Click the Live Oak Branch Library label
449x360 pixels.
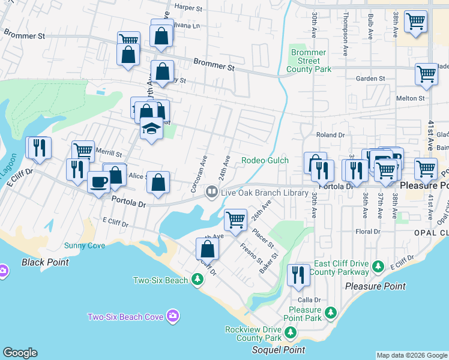point(264,193)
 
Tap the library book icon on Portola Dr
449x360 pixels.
point(211,192)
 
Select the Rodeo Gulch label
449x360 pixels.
point(265,160)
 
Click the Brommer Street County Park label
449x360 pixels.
point(309,61)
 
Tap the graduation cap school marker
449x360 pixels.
point(152,129)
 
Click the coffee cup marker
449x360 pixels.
point(99,181)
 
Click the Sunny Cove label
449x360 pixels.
point(85,245)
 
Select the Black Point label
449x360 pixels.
point(45,262)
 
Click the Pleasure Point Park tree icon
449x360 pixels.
point(330,313)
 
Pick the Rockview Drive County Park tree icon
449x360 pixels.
point(290,332)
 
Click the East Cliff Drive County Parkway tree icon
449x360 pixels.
point(378,265)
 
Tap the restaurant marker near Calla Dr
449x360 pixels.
point(298,274)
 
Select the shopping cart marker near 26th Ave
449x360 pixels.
point(236,220)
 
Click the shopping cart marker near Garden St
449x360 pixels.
point(426,74)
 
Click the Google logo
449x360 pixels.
point(20,353)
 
